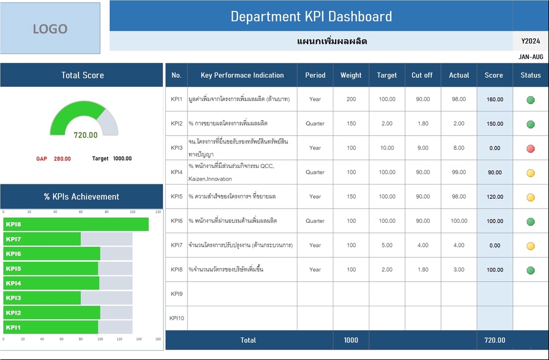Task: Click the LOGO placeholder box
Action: click(50, 29)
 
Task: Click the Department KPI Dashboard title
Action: click(311, 16)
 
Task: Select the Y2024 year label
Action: click(531, 41)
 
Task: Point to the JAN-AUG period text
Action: click(531, 57)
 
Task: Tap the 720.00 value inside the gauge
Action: click(85, 135)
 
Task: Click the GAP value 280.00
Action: click(62, 159)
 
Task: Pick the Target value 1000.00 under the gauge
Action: click(122, 159)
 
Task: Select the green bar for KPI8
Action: click(76, 224)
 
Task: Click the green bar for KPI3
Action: click(42, 298)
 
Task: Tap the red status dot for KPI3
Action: click(531, 149)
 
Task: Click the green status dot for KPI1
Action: click(531, 100)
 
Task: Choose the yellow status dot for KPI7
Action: click(531, 246)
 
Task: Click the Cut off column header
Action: click(422, 75)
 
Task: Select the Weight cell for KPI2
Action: click(351, 123)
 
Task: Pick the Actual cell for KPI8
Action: click(459, 270)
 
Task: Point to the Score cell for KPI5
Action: click(494, 197)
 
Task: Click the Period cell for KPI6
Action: click(315, 221)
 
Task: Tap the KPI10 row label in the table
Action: click(177, 318)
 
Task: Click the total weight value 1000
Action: click(351, 340)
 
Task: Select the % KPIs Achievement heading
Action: click(82, 197)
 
